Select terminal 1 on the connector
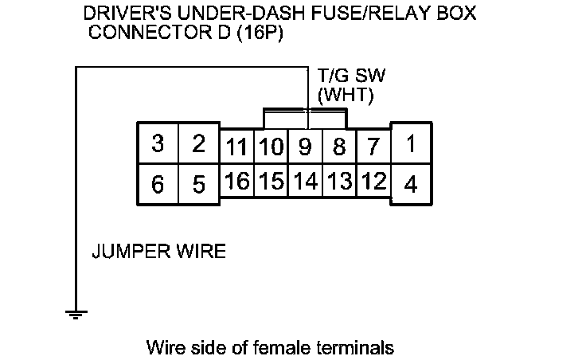(411, 144)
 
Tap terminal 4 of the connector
(411, 185)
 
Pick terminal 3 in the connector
(158, 144)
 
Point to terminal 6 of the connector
(158, 185)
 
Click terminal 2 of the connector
(199, 144)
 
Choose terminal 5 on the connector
(199, 185)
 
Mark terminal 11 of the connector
(236, 148)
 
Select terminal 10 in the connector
(271, 148)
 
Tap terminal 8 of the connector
(338, 148)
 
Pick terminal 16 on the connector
(236, 181)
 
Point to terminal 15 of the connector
(271, 181)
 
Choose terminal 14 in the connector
(304, 181)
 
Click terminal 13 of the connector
(338, 181)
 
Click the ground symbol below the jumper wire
(76, 313)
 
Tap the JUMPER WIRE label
(159, 252)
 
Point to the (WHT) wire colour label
(346, 96)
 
